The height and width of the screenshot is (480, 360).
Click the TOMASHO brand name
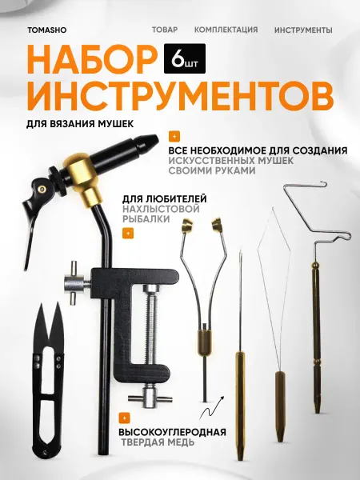click(x=47, y=30)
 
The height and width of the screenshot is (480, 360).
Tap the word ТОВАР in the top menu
click(x=165, y=30)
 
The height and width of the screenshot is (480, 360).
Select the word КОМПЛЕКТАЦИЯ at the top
click(x=226, y=30)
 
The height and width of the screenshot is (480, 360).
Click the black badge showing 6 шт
click(x=185, y=58)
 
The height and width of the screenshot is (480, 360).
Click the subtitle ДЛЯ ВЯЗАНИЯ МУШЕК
click(x=80, y=124)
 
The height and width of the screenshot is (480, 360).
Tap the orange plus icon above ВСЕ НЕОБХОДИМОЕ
click(x=174, y=137)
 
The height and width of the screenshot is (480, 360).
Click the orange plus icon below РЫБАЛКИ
click(x=128, y=234)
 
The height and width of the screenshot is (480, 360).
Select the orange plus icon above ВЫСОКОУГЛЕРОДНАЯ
click(x=124, y=418)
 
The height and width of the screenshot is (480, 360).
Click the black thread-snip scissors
click(x=49, y=379)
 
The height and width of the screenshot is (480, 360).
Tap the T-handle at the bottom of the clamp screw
click(x=150, y=398)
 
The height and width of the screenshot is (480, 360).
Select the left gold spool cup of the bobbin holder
click(x=186, y=226)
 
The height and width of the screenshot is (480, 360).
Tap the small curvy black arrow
click(x=211, y=407)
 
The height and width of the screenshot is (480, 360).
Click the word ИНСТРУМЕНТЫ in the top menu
click(x=303, y=30)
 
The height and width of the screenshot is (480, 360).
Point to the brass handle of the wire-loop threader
click(x=281, y=406)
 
